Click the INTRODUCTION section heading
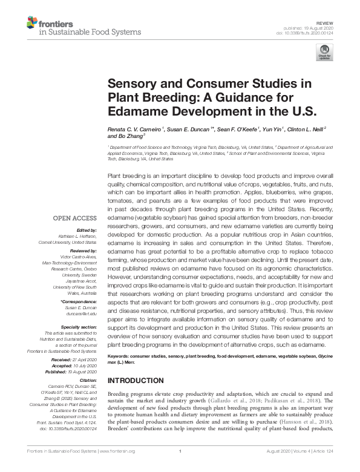click(x=136, y=380)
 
